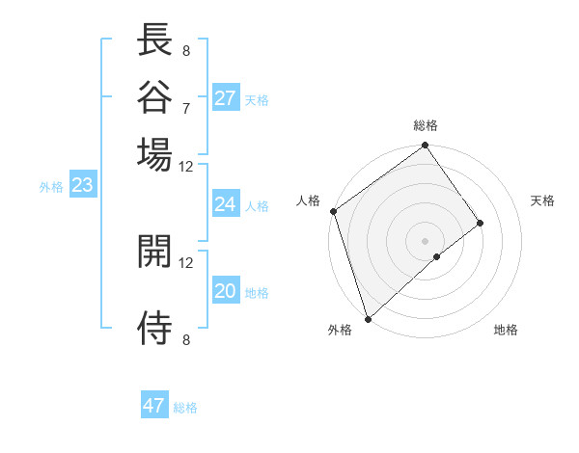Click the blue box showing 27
pos(226,98)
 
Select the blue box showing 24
pos(226,204)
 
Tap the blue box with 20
pos(226,292)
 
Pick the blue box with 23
pos(82,186)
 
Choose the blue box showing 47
pos(154,406)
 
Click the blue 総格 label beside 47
pos(185,408)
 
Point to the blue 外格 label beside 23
pos(50,187)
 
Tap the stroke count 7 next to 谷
pos(185,107)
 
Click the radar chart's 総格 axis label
pos(426,125)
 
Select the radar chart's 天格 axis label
pos(542,200)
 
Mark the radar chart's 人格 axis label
pos(309,200)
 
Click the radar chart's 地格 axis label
pos(506,331)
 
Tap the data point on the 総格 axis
pos(426,147)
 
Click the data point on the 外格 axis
pos(368,318)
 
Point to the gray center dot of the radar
pos(426,240)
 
